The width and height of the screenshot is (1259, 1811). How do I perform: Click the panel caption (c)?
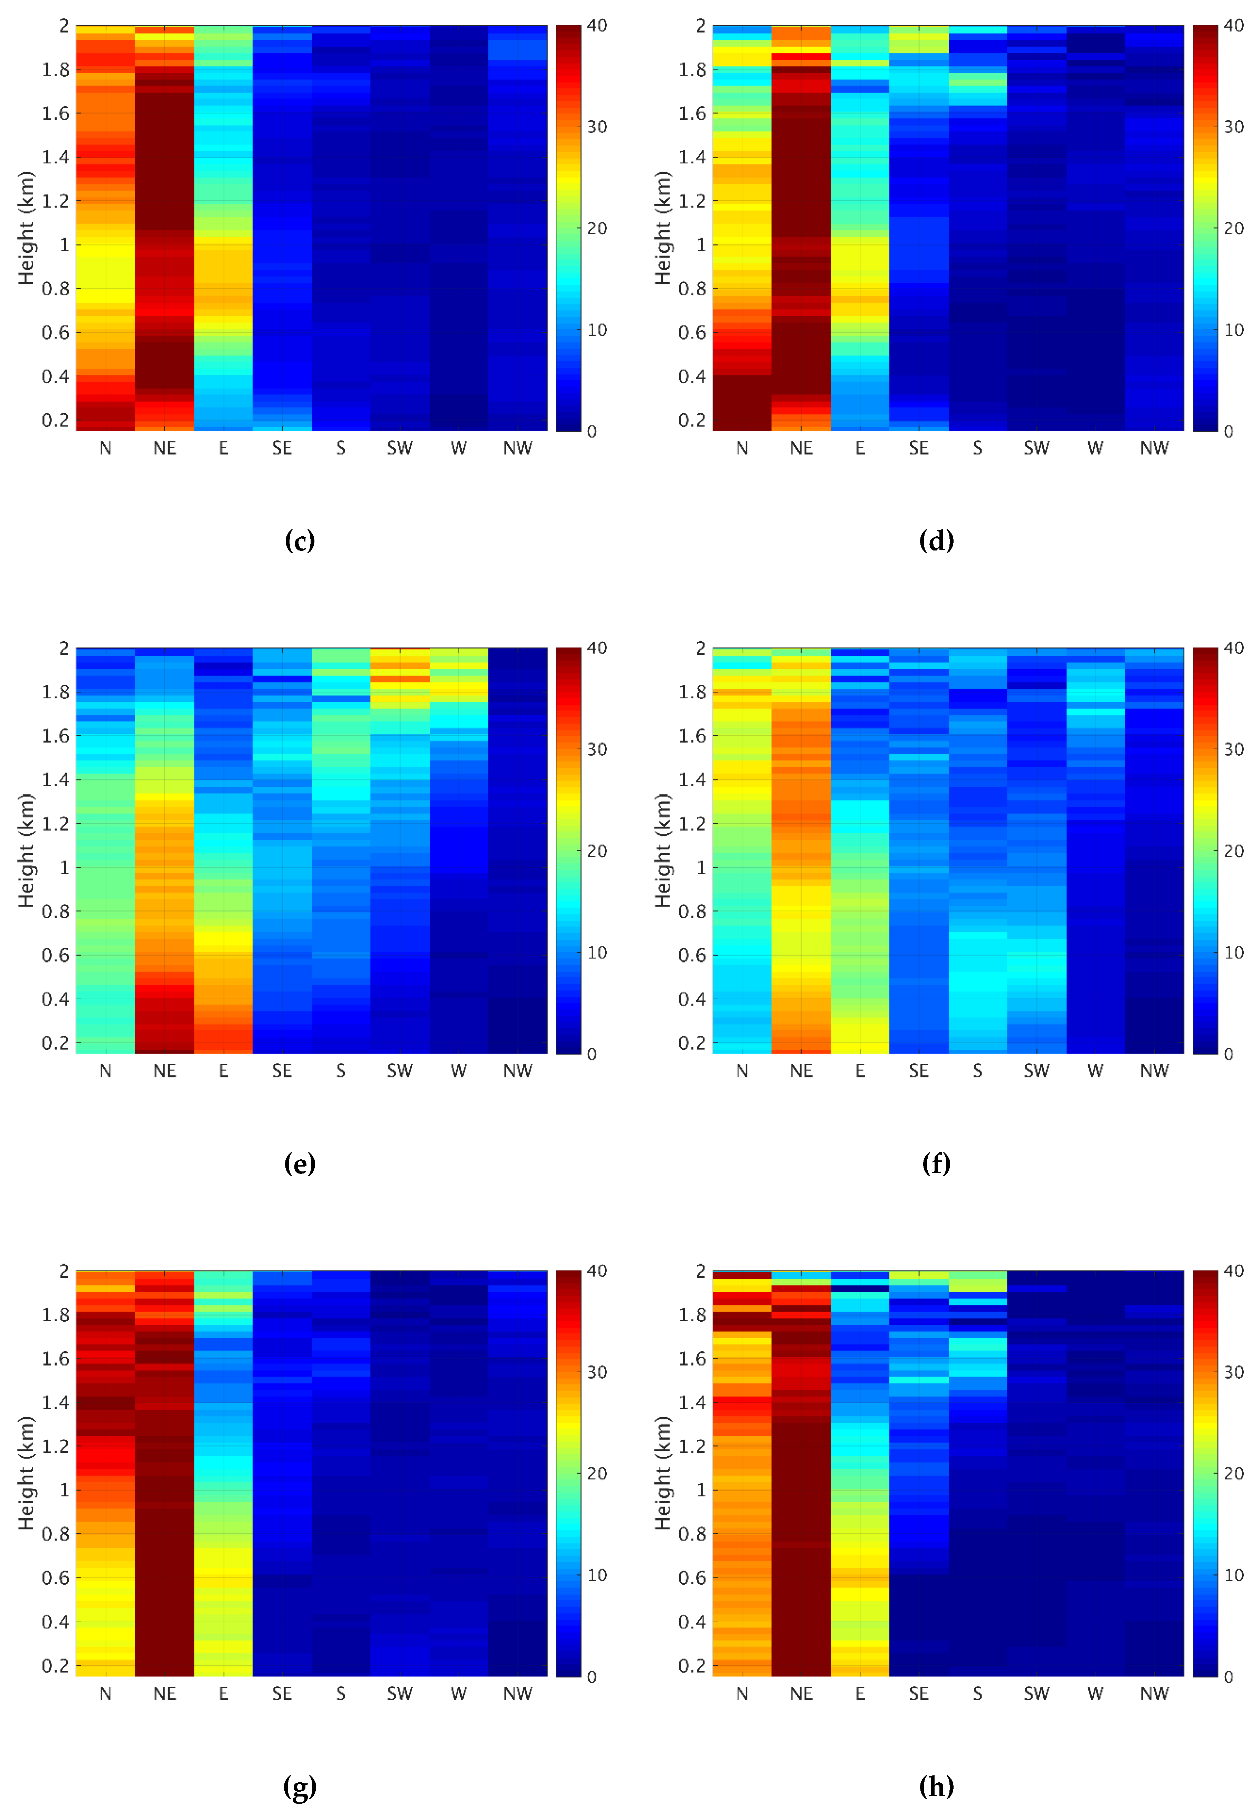pyautogui.click(x=300, y=541)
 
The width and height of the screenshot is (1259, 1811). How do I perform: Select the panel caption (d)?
pyautogui.click(x=936, y=541)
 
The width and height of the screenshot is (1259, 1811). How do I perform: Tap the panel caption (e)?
pyautogui.click(x=300, y=1164)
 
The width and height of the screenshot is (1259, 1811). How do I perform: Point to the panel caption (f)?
pyautogui.click(x=936, y=1164)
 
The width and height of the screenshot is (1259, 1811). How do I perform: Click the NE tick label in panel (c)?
pyautogui.click(x=165, y=449)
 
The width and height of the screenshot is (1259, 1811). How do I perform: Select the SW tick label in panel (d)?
pyautogui.click(x=1036, y=449)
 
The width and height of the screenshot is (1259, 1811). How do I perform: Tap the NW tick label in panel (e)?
pyautogui.click(x=518, y=1072)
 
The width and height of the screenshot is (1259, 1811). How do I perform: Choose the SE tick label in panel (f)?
pyautogui.click(x=919, y=1072)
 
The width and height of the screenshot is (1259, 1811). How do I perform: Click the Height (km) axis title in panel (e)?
pyautogui.click(x=26, y=851)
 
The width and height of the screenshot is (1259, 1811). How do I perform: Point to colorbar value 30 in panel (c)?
pyautogui.click(x=597, y=127)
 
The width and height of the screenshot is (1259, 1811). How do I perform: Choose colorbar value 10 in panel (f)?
pyautogui.click(x=1234, y=952)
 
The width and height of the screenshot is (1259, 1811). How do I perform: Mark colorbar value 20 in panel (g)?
pyautogui.click(x=597, y=1474)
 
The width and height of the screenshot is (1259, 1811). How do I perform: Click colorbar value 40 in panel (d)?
pyautogui.click(x=1234, y=26)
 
